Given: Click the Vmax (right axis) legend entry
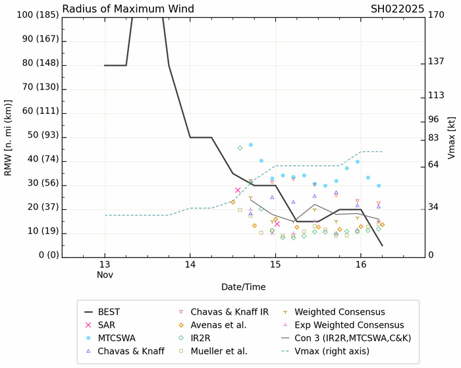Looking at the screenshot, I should tap(340, 351).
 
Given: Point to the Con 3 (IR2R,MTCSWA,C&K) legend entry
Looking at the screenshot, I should tap(356, 338).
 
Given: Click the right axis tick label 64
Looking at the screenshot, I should tap(434, 164).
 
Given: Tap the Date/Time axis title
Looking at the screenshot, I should tap(243, 287).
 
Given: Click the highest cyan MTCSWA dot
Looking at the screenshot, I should tap(251, 145).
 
